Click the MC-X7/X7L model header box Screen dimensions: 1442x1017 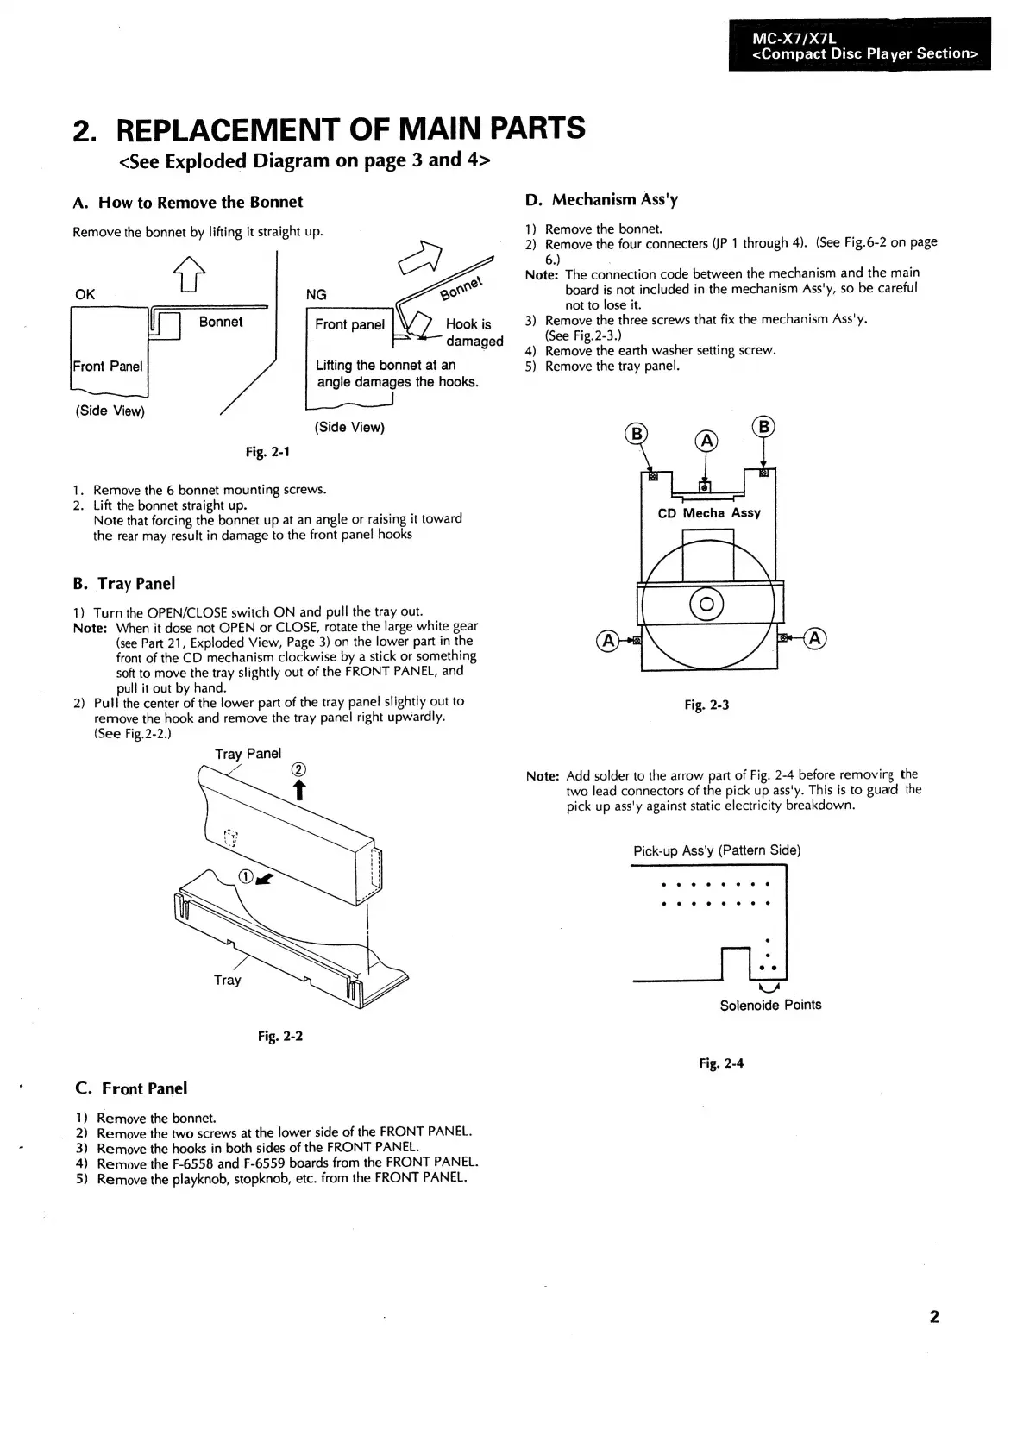click(859, 45)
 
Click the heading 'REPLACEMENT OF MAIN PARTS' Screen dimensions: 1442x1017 click(350, 129)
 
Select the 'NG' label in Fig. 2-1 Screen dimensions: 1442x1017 click(317, 295)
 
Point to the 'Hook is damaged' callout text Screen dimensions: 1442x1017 click(473, 332)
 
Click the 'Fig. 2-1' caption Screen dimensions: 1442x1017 click(267, 452)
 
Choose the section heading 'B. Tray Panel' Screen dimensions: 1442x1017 click(124, 584)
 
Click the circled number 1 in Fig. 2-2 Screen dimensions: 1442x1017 click(246, 876)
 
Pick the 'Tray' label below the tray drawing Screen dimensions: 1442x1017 click(228, 980)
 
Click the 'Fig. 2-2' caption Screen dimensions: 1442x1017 click(280, 1036)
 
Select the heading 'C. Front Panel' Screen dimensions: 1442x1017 click(131, 1088)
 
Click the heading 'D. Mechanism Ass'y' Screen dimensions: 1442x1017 click(602, 200)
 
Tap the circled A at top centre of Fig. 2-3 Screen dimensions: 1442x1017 click(706, 442)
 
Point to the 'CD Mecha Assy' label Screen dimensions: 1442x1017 click(709, 513)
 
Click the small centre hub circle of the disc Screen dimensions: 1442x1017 click(706, 605)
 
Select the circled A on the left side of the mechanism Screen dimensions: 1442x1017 click(607, 640)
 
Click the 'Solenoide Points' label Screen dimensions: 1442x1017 click(770, 1005)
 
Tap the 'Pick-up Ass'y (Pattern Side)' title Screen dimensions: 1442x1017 click(717, 850)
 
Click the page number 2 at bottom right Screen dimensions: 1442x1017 click(934, 1317)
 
